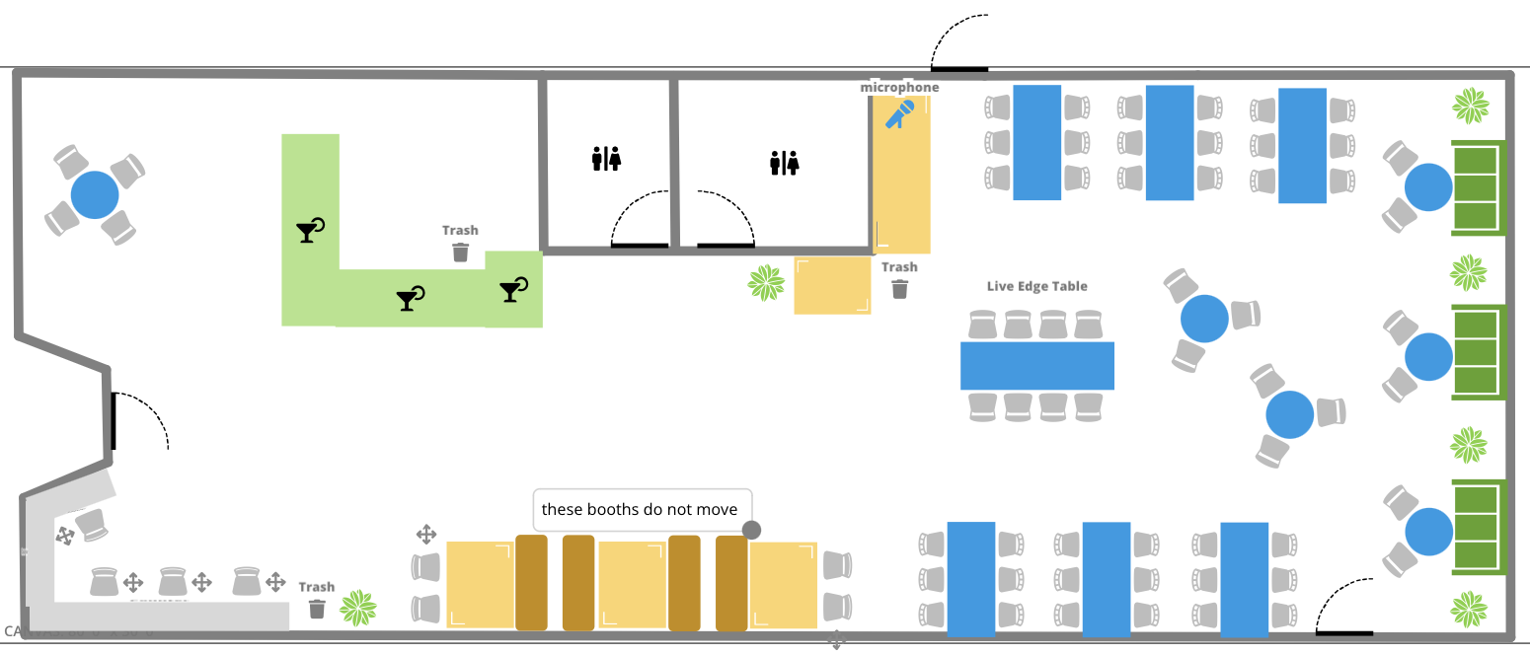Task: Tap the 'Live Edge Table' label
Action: (x=1036, y=286)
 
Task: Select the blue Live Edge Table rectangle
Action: (x=1036, y=365)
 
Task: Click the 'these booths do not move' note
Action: (x=640, y=509)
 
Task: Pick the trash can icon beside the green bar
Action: (x=460, y=252)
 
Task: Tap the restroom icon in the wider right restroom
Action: (x=784, y=163)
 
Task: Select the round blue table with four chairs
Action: (x=95, y=194)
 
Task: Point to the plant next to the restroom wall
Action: (x=766, y=283)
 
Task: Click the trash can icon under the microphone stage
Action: (x=899, y=288)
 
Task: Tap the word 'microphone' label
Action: (x=899, y=87)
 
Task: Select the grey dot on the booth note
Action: (x=751, y=530)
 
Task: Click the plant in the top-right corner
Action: (x=1471, y=106)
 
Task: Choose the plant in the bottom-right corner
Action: (x=1470, y=609)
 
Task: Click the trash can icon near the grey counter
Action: (x=317, y=608)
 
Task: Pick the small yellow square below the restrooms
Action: (x=832, y=285)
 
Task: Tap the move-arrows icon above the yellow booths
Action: (x=426, y=535)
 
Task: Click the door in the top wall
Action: (x=959, y=68)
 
